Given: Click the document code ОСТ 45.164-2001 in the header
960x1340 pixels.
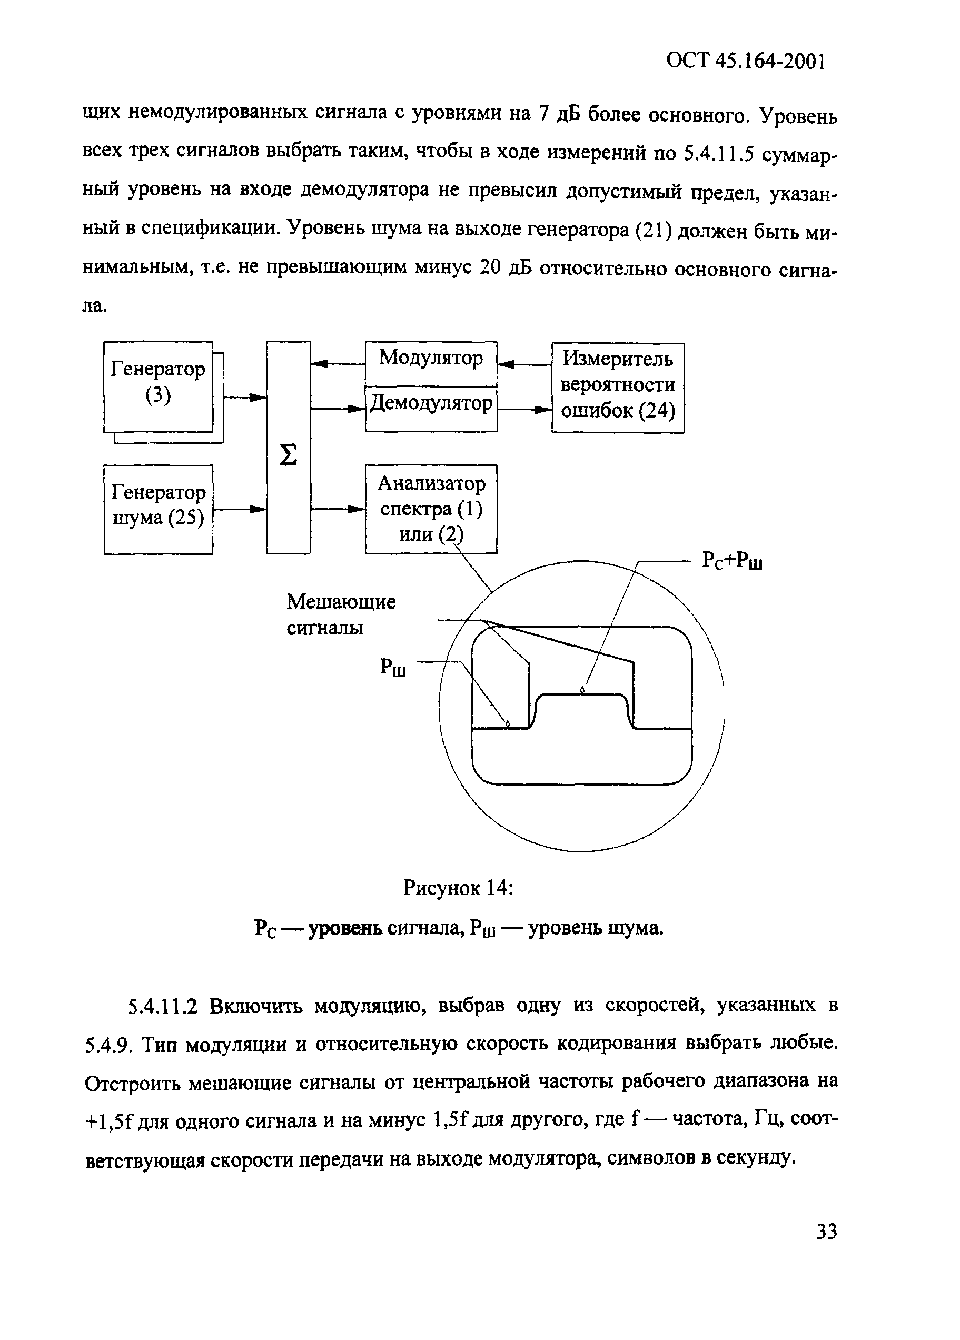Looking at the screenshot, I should pyautogui.click(x=745, y=61).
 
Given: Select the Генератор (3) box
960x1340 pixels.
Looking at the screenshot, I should pyautogui.click(x=158, y=386).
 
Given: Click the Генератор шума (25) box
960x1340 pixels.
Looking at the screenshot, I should pyautogui.click(x=158, y=509).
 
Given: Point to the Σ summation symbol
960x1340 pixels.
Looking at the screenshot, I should pyautogui.click(x=288, y=455).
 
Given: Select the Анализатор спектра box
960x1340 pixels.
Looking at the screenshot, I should pyautogui.click(x=431, y=509).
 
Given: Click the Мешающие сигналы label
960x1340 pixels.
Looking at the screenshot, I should pyautogui.click(x=341, y=614).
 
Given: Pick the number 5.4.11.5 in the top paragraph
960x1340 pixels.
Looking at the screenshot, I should pyautogui.click(x=719, y=154).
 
